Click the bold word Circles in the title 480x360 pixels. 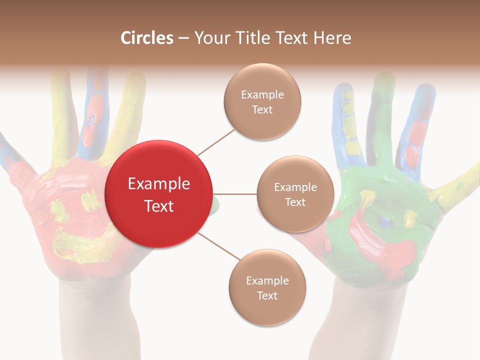tap(147, 38)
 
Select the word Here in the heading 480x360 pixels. tap(331, 38)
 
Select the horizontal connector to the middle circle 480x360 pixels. tap(235, 194)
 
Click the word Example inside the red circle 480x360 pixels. tap(158, 184)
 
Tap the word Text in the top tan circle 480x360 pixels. tap(262, 109)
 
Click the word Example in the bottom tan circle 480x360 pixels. tap(267, 280)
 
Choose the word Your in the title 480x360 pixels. tap(209, 38)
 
